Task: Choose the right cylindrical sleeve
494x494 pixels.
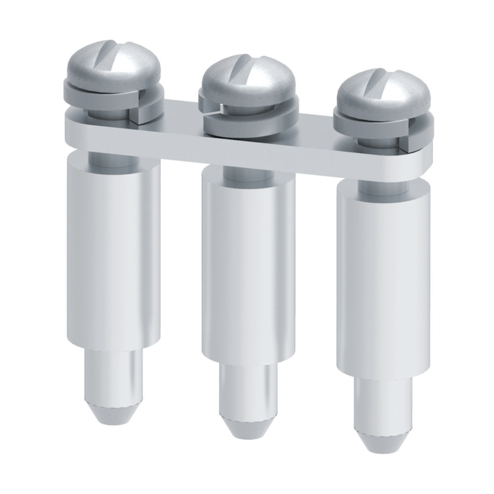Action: point(383,284)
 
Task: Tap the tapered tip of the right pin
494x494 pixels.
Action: point(383,438)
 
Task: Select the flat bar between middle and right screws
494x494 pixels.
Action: point(315,148)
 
